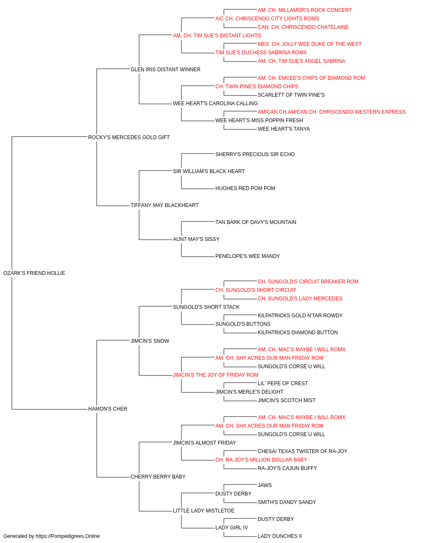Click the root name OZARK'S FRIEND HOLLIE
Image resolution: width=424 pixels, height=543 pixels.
34,273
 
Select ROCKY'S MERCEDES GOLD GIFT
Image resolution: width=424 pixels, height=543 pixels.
129,137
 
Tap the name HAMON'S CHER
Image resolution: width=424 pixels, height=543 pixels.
108,409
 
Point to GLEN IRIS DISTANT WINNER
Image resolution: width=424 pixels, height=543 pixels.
165,70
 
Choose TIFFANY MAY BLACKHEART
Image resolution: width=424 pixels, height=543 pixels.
165,205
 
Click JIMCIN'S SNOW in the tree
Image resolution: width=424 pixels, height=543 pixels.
150,341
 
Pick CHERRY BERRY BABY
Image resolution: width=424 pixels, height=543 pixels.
158,477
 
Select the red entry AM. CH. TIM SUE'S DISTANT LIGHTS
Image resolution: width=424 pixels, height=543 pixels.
217,36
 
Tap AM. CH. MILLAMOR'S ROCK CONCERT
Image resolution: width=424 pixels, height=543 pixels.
304,10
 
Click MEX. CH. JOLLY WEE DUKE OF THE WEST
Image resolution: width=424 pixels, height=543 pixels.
310,44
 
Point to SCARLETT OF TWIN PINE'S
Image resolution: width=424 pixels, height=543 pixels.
291,95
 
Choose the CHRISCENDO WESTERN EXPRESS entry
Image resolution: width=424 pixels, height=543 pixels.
332,112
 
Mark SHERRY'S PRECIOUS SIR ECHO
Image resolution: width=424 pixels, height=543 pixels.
255,154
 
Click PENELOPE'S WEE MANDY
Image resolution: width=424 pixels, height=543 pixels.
248,256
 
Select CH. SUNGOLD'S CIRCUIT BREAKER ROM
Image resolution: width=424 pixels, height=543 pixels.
308,282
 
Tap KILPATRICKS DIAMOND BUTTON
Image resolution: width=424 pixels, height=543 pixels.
298,333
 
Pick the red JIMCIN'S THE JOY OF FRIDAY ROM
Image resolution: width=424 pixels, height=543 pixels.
216,375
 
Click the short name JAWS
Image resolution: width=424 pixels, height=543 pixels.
265,485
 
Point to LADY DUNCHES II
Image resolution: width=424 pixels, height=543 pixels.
280,536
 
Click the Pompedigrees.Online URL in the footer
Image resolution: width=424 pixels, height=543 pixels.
68,536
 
